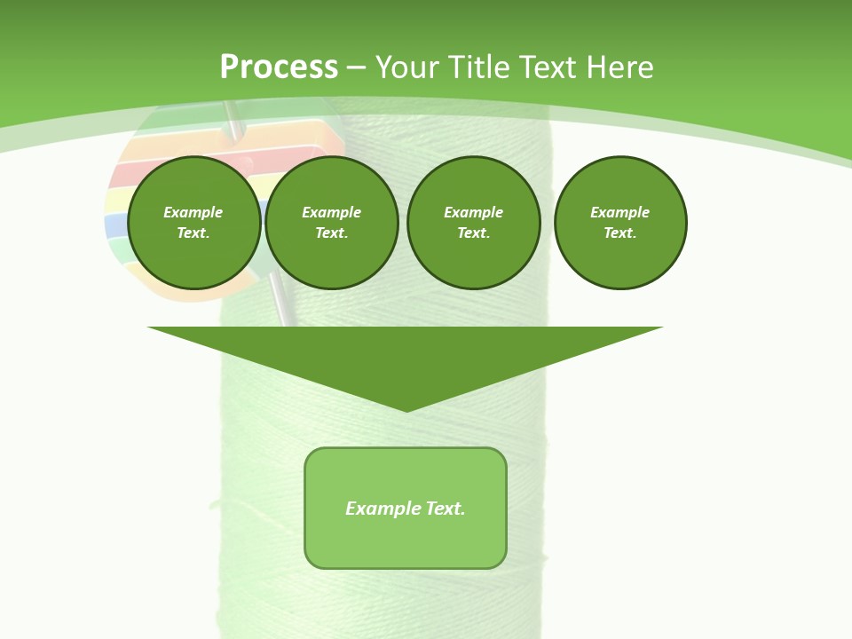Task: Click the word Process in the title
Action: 279,67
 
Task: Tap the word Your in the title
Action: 408,67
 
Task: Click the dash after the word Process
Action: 357,68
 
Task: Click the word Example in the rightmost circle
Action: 620,212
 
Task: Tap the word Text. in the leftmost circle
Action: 193,233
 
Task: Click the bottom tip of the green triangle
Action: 406,409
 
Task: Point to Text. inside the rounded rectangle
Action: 446,509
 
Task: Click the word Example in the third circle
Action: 474,212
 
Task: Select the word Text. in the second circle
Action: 332,233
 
